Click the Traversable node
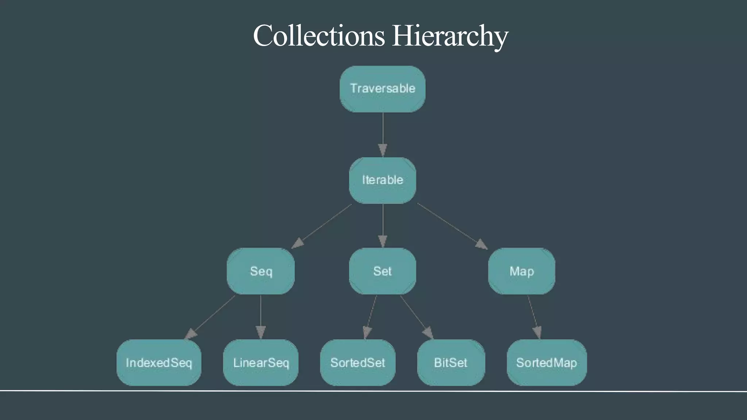pyautogui.click(x=382, y=89)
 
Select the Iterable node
pyautogui.click(x=382, y=180)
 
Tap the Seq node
pyautogui.click(x=261, y=271)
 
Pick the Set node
pyautogui.click(x=382, y=271)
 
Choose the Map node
pyautogui.click(x=522, y=271)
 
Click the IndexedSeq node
pyautogui.click(x=159, y=362)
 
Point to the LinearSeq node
pyautogui.click(x=261, y=362)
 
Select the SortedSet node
pyautogui.click(x=357, y=362)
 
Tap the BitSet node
pyautogui.click(x=451, y=362)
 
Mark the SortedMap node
pyautogui.click(x=546, y=362)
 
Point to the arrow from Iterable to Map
pyautogui.click(x=452, y=226)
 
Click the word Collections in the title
pyautogui.click(x=319, y=36)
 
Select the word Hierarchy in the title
pyautogui.click(x=450, y=36)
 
